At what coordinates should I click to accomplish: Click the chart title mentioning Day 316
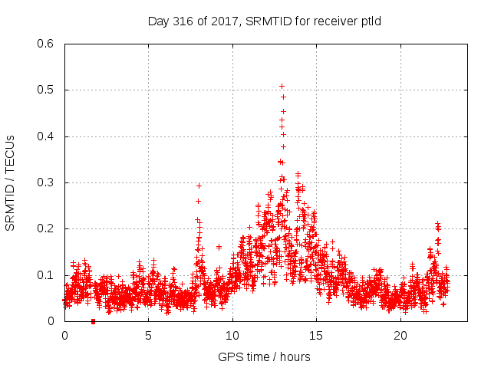pos(264,21)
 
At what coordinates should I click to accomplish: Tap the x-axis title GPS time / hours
pos(265,356)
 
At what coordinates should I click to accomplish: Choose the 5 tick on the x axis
pos(148,336)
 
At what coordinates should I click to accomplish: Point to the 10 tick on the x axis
pos(232,336)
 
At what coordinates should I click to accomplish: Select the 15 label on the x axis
pos(316,336)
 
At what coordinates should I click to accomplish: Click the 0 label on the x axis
pos(64,336)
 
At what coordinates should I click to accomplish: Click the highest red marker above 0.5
pos(282,86)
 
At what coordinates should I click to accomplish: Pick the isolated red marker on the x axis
pos(93,321)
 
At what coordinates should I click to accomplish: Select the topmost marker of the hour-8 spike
pos(199,186)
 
